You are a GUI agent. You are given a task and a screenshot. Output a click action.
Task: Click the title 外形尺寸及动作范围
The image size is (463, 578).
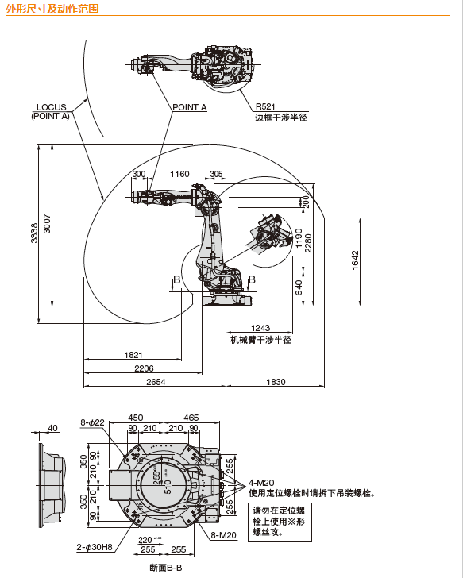tap(52, 9)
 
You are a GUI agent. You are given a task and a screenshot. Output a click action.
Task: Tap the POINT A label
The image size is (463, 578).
tap(189, 106)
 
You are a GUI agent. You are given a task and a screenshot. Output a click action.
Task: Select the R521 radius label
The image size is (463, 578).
tap(265, 106)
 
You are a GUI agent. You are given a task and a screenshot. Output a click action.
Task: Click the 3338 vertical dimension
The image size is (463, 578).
tap(34, 233)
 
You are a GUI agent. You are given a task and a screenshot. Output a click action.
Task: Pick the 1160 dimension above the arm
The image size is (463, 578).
tap(179, 174)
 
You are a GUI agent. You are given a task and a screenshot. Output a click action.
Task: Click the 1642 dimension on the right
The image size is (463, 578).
tap(356, 260)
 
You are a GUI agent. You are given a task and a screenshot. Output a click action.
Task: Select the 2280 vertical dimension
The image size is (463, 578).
tap(308, 241)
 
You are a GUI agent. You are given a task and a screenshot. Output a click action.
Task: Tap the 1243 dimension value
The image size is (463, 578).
tap(260, 328)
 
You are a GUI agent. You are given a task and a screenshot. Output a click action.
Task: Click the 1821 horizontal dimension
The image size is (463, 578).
tap(133, 355)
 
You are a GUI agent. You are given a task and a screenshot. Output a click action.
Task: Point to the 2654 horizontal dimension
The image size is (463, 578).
tap(155, 382)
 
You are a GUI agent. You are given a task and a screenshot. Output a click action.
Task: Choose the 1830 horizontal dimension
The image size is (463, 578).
tap(275, 382)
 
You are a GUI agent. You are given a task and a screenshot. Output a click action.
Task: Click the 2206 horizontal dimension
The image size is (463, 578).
tap(144, 368)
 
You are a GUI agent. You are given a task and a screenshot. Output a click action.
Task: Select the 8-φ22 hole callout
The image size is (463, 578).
tap(92, 422)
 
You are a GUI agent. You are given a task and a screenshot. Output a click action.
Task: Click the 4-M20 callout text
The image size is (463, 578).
tap(261, 482)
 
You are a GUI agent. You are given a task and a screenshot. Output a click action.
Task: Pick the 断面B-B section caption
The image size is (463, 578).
tap(166, 568)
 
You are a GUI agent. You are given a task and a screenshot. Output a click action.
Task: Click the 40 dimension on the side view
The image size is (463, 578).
tap(53, 428)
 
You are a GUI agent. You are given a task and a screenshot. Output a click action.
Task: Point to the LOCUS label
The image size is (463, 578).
tap(51, 106)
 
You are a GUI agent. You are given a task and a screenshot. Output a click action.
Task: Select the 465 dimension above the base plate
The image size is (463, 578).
tap(191, 418)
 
